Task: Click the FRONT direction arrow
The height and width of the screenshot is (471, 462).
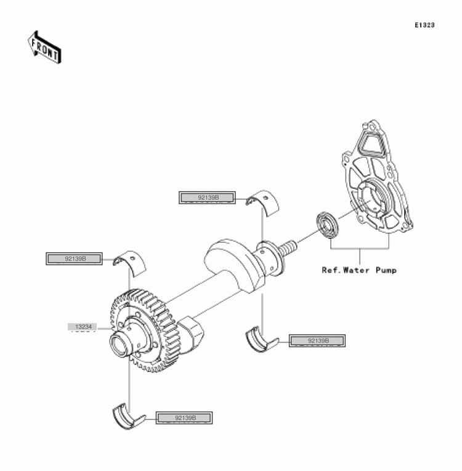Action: tap(44, 47)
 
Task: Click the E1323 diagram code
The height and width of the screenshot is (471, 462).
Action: tap(424, 25)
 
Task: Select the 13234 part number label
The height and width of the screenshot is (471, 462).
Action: tap(82, 327)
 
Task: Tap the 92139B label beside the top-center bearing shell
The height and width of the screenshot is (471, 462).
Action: tap(207, 198)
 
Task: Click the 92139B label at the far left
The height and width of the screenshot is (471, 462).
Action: tap(74, 259)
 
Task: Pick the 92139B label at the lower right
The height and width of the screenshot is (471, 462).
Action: tap(317, 341)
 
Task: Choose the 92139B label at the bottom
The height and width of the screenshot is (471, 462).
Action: tap(184, 418)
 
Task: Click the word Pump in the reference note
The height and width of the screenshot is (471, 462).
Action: tap(386, 271)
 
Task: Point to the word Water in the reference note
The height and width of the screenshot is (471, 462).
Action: tap(356, 271)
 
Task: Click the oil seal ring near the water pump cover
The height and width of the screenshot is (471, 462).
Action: tap(327, 224)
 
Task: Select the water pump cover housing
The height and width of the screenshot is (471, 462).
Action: tap(377, 177)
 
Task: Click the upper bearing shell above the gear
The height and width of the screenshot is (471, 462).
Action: tap(129, 263)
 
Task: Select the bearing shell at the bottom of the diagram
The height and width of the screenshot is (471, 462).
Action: tap(128, 416)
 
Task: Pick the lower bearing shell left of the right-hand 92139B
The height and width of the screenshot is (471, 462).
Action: tap(261, 339)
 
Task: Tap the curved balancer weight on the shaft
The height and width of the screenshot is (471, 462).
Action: tap(235, 264)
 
